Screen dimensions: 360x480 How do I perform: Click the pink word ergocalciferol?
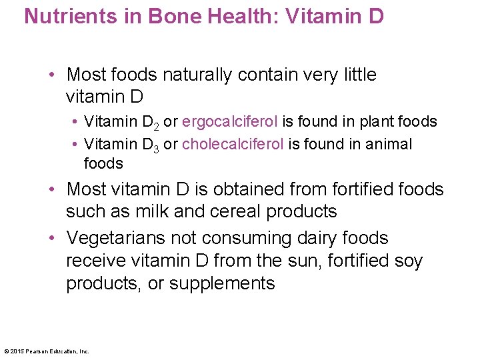(230, 121)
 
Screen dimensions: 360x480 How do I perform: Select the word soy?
(407, 261)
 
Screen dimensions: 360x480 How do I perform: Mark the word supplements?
(222, 283)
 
